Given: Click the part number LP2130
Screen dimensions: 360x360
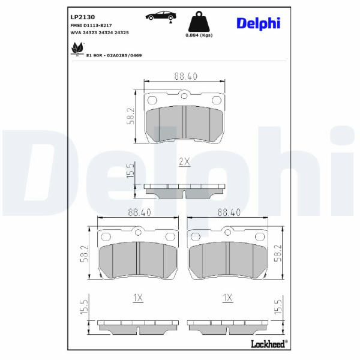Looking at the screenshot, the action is (83, 17).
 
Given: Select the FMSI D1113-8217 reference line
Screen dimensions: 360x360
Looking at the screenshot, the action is (91, 25).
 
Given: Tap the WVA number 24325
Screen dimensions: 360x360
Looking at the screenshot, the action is (121, 32).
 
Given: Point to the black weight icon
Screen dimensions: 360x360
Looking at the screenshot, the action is (199, 21).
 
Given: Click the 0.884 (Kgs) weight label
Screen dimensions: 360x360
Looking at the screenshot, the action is (199, 35).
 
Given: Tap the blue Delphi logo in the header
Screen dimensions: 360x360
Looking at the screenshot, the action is (258, 23).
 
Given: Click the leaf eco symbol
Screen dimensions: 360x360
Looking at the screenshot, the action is (77, 49).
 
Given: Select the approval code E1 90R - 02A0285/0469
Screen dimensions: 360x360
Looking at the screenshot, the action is (114, 55).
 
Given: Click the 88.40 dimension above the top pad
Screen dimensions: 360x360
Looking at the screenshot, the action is (186, 76).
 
